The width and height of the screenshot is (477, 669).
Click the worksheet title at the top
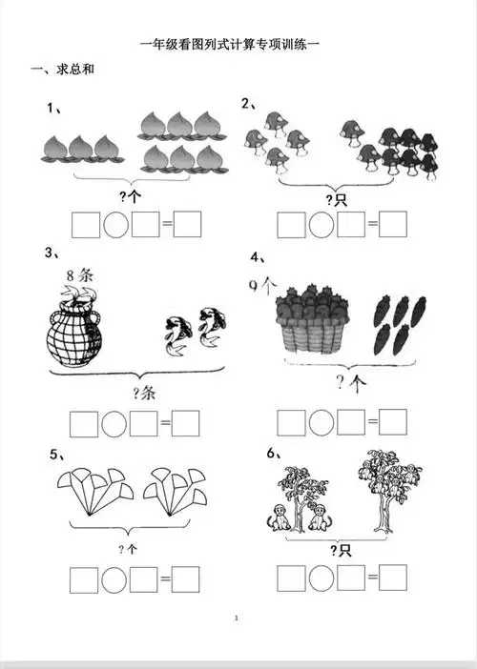pos(230,45)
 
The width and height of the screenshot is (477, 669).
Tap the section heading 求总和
pos(75,70)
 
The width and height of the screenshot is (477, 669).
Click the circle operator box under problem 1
pos(115,224)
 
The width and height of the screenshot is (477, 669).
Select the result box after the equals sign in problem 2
pos(393,224)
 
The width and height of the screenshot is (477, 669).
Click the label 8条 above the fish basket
pos(79,275)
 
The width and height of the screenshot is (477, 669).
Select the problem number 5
pos(53,455)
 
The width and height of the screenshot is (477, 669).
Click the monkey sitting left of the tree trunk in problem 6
pos(279,517)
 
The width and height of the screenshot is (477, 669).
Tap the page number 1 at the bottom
pos(237,618)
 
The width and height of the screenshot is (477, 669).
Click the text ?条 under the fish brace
pos(144,393)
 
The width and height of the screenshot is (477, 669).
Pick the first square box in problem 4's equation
pos(291,423)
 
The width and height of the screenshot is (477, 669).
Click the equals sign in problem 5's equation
pos(165,579)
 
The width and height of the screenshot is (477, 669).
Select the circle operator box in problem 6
pos(321,578)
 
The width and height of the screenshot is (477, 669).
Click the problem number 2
pos(245,103)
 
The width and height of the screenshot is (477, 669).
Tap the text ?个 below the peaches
pos(130,196)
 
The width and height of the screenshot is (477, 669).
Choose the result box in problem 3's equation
pos(186,423)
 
